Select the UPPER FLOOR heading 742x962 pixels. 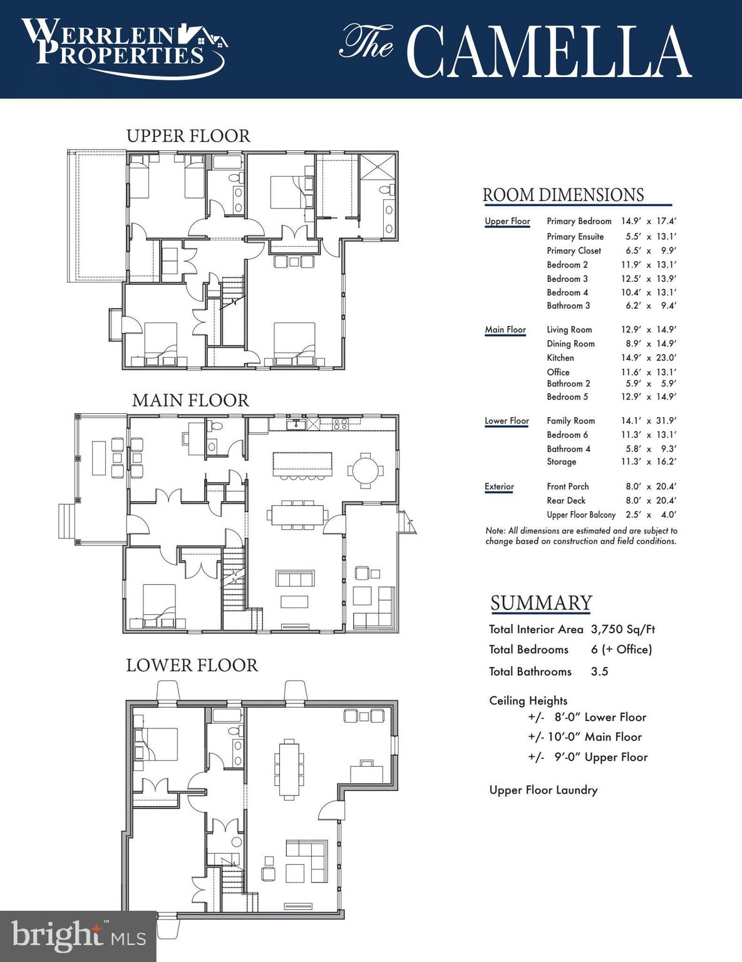pos(188,136)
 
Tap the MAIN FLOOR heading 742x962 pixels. pos(190,400)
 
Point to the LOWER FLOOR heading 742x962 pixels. pos(192,665)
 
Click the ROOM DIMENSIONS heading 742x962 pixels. pos(563,195)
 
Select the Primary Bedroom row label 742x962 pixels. pos(579,221)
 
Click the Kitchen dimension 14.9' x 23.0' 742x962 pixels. pos(648,358)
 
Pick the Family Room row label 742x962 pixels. pos(570,421)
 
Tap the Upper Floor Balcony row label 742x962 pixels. pos(580,515)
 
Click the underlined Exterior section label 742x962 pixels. pos(499,487)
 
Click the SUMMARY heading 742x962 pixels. pos(540,603)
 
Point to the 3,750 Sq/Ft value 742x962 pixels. pos(622,629)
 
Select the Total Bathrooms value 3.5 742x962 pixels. pos(599,671)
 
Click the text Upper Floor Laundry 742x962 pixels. pos(543,790)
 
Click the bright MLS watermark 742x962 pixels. pos(78,936)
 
